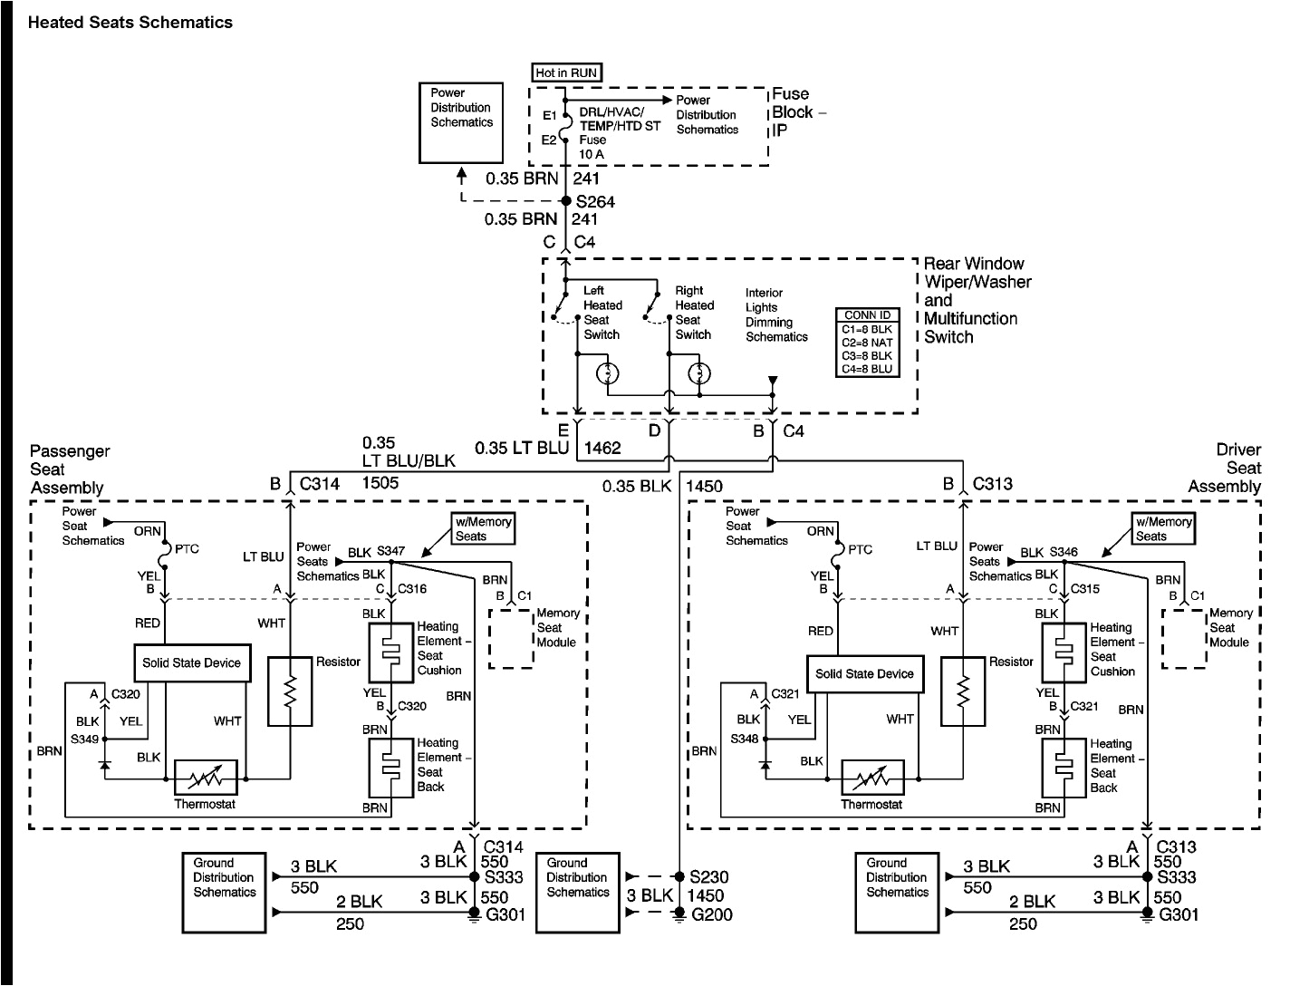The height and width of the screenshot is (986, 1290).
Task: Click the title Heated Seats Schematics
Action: pos(130,23)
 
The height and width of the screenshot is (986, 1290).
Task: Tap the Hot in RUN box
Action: pos(566,72)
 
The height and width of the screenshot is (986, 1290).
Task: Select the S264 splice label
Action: pos(595,202)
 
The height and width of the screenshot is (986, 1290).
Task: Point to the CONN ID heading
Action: pos(867,315)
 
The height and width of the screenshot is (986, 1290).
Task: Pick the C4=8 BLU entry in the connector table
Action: pos(867,368)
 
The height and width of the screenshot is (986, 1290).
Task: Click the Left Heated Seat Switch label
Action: pos(602,313)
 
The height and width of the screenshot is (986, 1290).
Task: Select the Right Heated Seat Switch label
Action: pos(695,313)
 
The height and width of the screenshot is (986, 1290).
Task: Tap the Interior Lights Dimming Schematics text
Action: pos(776,314)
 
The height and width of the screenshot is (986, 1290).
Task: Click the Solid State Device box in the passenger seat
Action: pos(191,662)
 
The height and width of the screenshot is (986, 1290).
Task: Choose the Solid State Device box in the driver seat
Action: pos(864,673)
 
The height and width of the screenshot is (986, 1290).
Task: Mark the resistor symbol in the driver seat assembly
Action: pos(963,691)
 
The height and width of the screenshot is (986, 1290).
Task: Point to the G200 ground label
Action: pos(710,914)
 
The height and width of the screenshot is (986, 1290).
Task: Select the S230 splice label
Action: pos(708,877)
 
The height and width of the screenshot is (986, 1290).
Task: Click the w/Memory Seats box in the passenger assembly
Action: pos(483,529)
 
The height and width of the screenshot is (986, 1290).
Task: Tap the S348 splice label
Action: pos(744,739)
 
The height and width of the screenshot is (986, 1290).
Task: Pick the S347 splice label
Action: pos(390,551)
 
